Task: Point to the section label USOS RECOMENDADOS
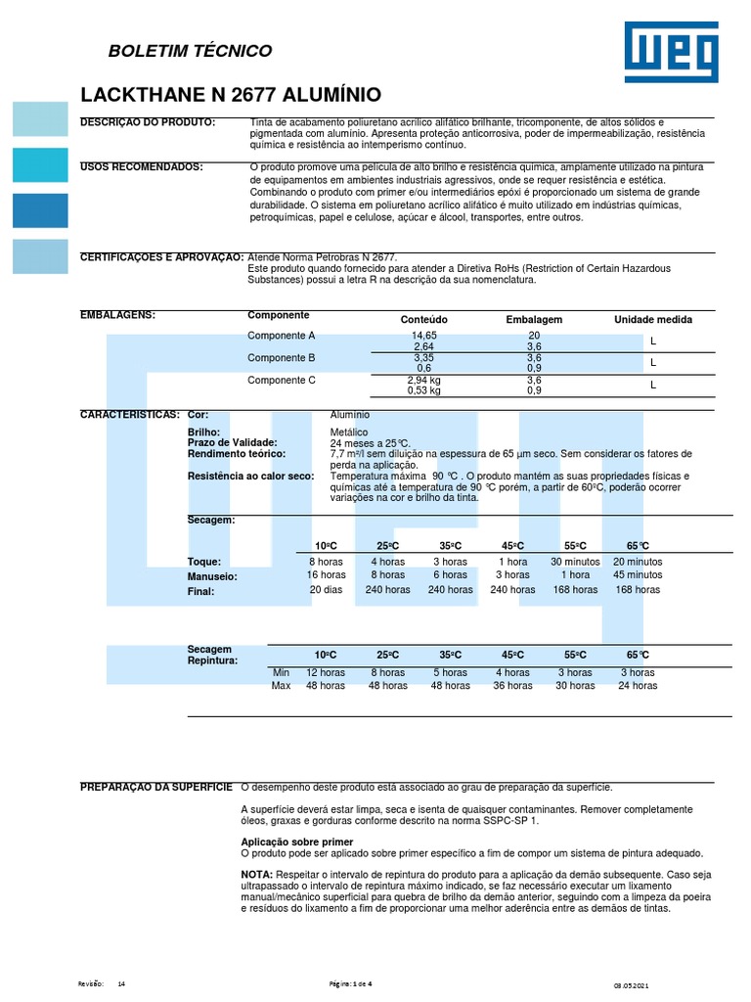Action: click(141, 167)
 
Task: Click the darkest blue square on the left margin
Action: click(40, 210)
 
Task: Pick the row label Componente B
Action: click(282, 358)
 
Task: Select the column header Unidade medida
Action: click(652, 320)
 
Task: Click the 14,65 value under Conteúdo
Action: click(423, 336)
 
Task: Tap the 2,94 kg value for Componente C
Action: click(423, 380)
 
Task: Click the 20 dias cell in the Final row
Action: click(326, 590)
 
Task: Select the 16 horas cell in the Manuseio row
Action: click(326, 575)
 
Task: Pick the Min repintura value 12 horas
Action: click(326, 673)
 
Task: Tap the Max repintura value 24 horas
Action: click(638, 686)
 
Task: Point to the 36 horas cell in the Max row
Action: click(512, 686)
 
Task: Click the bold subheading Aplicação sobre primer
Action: click(296, 842)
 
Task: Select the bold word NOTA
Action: click(258, 873)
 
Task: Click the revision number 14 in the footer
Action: click(121, 982)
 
